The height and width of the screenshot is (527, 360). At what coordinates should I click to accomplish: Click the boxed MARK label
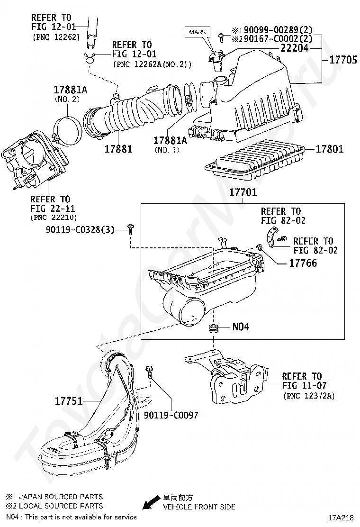click(x=198, y=32)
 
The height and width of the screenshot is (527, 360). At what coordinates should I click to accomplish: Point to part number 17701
click(x=243, y=193)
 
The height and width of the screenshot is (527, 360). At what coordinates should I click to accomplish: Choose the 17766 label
click(x=303, y=263)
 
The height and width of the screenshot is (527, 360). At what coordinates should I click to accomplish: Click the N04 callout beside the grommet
click(x=241, y=327)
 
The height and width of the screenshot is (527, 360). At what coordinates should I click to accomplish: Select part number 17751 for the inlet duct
click(x=69, y=401)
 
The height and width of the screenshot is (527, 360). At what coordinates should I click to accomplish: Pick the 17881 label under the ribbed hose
click(x=118, y=149)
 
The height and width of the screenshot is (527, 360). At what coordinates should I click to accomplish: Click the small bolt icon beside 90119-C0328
click(x=131, y=230)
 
